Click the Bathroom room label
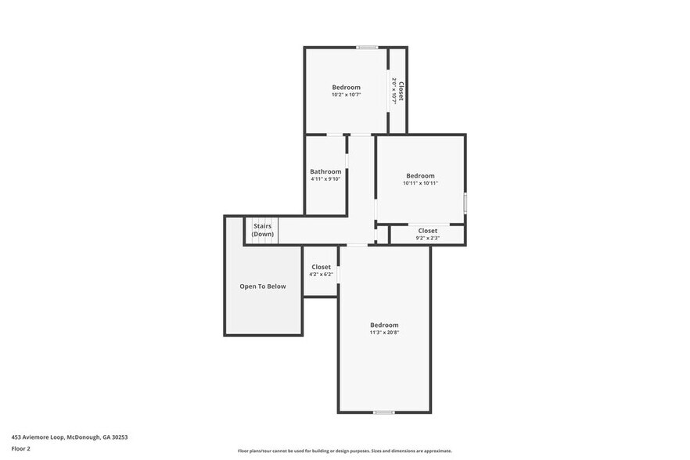325,171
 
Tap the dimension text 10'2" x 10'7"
346,95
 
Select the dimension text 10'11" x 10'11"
420,183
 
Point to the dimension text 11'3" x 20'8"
384,332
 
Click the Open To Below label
263,286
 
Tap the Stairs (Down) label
263,230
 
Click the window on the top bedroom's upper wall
367,48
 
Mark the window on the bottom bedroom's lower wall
383,411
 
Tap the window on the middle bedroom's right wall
465,203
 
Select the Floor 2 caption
21,448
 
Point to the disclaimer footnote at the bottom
344,451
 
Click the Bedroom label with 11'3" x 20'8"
384,325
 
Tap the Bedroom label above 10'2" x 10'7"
346,87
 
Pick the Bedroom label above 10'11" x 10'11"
420,176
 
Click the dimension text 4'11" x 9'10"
325,179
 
